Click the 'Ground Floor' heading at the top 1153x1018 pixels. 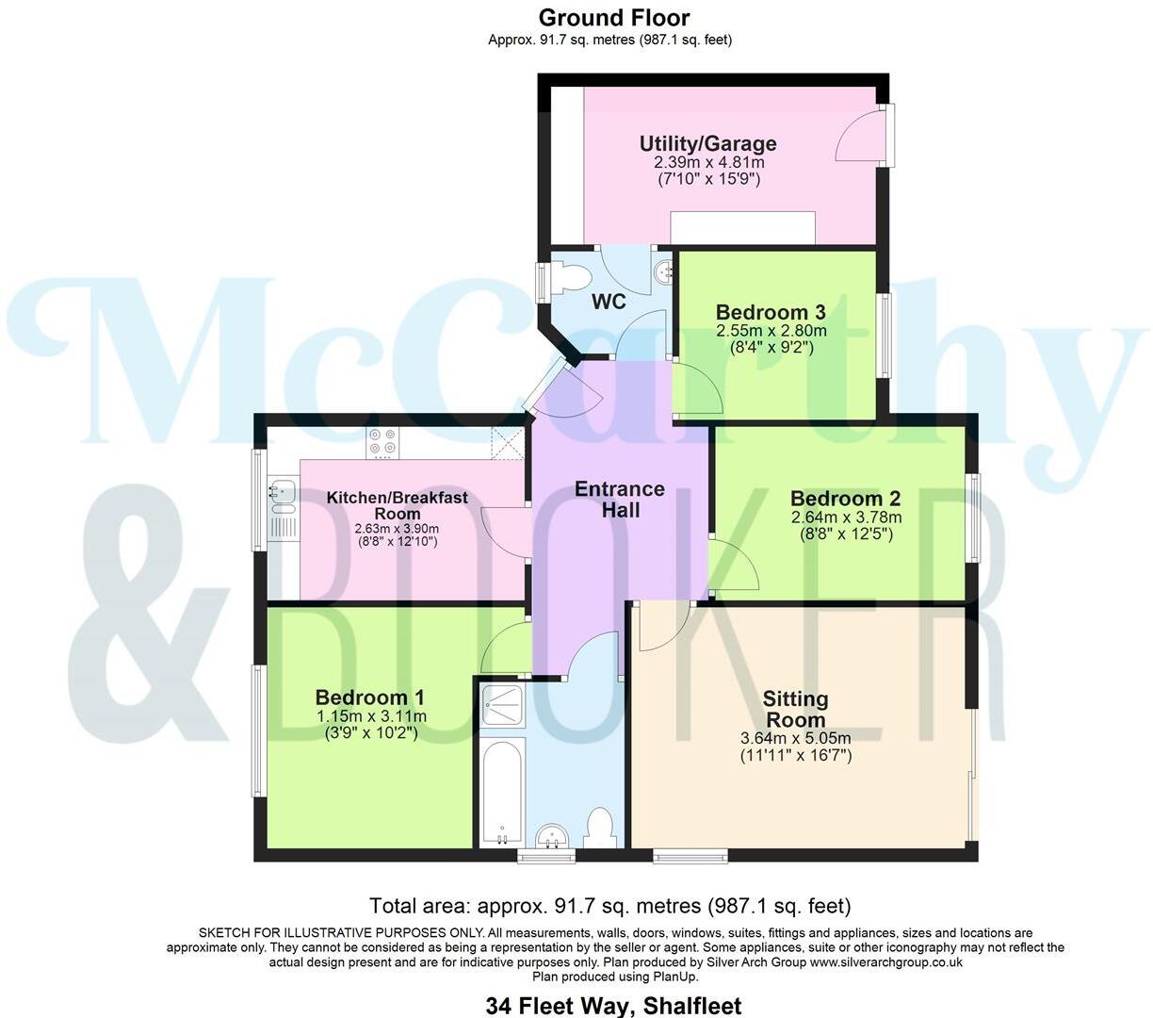[x=613, y=18]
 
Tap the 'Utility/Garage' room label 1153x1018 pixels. [x=707, y=144]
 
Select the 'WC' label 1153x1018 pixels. [x=609, y=303]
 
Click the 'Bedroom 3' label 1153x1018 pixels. [x=771, y=312]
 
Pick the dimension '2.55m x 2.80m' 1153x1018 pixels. [x=771, y=331]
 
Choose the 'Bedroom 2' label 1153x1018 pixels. [x=845, y=499]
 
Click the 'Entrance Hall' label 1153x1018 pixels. [x=620, y=500]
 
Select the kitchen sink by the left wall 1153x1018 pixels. [x=283, y=490]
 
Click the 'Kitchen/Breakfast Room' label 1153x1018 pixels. [x=397, y=505]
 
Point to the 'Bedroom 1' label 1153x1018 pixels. [x=369, y=698]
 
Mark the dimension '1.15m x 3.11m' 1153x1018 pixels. [x=370, y=716]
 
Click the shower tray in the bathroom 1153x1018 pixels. [x=501, y=702]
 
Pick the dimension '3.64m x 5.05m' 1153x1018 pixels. [x=795, y=738]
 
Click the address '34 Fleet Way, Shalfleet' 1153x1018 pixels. [x=613, y=1006]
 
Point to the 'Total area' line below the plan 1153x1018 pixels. [x=609, y=907]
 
